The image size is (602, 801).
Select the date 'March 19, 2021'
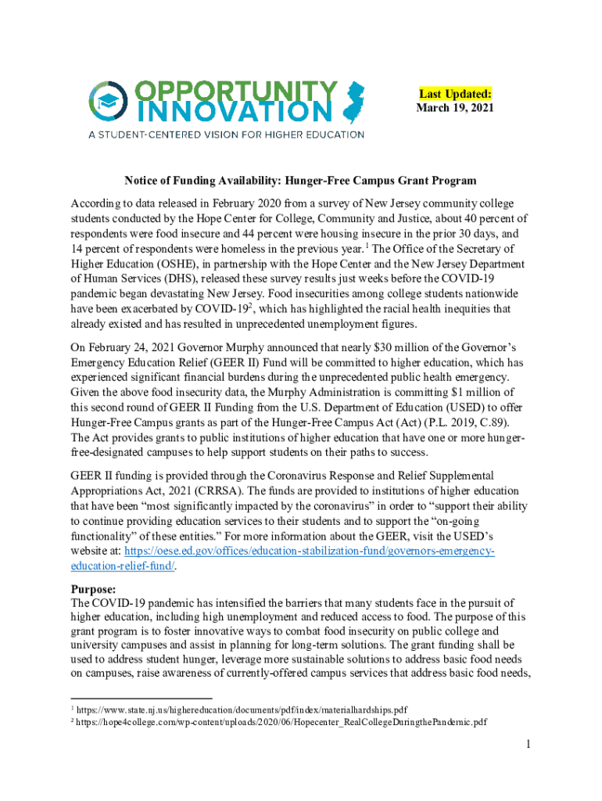[x=455, y=108]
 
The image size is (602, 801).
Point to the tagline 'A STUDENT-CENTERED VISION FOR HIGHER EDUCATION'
[x=225, y=135]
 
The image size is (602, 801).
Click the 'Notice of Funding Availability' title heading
[x=300, y=181]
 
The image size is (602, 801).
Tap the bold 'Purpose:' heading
[x=94, y=589]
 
